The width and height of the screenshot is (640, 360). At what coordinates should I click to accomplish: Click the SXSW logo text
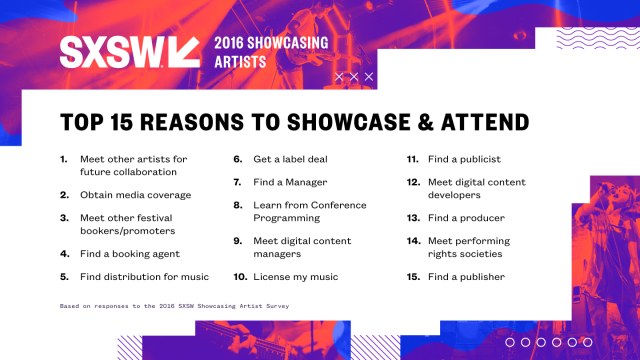tap(109, 53)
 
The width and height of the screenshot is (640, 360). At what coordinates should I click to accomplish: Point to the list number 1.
tap(64, 159)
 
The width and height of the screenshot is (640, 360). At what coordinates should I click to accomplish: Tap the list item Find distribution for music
tap(146, 276)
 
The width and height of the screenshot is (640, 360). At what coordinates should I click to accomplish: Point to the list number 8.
tap(238, 204)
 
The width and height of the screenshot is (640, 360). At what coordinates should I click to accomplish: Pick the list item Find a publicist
tap(467, 159)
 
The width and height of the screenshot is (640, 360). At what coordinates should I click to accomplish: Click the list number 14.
tap(412, 240)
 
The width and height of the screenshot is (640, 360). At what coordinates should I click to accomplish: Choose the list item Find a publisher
tap(469, 276)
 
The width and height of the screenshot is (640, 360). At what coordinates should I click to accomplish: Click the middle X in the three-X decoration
tap(354, 76)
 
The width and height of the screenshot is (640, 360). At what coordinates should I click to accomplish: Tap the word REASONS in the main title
tap(200, 123)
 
